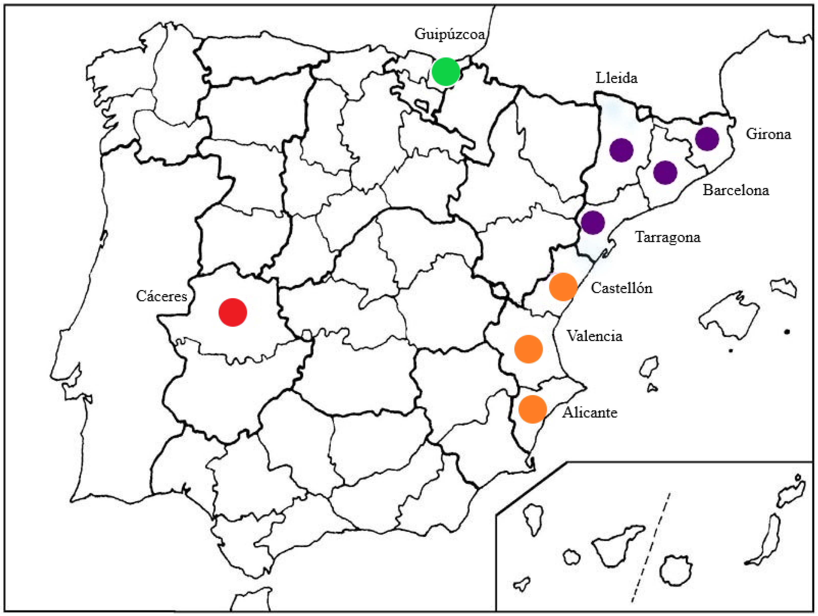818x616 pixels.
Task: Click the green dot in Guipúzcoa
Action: (446, 72)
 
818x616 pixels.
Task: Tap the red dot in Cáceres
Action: (233, 312)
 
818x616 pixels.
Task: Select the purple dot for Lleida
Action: (621, 150)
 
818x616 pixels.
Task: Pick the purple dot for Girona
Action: (707, 139)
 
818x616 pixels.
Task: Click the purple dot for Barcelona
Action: (665, 173)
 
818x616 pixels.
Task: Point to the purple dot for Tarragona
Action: (593, 223)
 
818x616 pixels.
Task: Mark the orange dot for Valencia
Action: (528, 349)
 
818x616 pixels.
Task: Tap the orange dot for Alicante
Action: (533, 409)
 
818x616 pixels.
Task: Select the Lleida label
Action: (617, 78)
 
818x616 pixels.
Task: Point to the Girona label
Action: (768, 134)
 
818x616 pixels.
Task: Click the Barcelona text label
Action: (735, 190)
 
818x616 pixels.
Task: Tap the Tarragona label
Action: (668, 237)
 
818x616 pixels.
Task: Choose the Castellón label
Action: (621, 288)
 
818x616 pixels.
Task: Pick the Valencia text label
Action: (594, 336)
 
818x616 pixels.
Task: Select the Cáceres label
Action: (161, 296)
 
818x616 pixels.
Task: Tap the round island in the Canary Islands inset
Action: (676, 570)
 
